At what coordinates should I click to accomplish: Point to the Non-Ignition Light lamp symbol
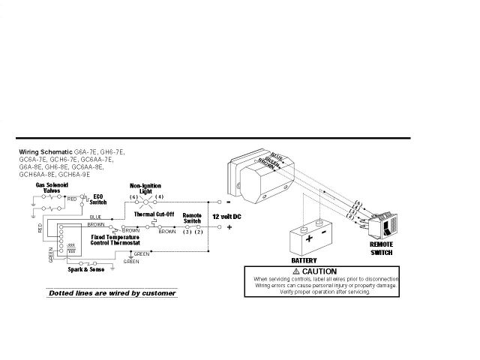145,202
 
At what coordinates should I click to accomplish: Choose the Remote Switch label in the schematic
193,217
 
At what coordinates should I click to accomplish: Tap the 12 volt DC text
226,216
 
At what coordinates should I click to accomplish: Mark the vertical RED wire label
40,229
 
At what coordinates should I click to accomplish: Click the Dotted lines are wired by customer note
112,292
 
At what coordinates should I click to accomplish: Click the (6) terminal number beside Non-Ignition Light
132,196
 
